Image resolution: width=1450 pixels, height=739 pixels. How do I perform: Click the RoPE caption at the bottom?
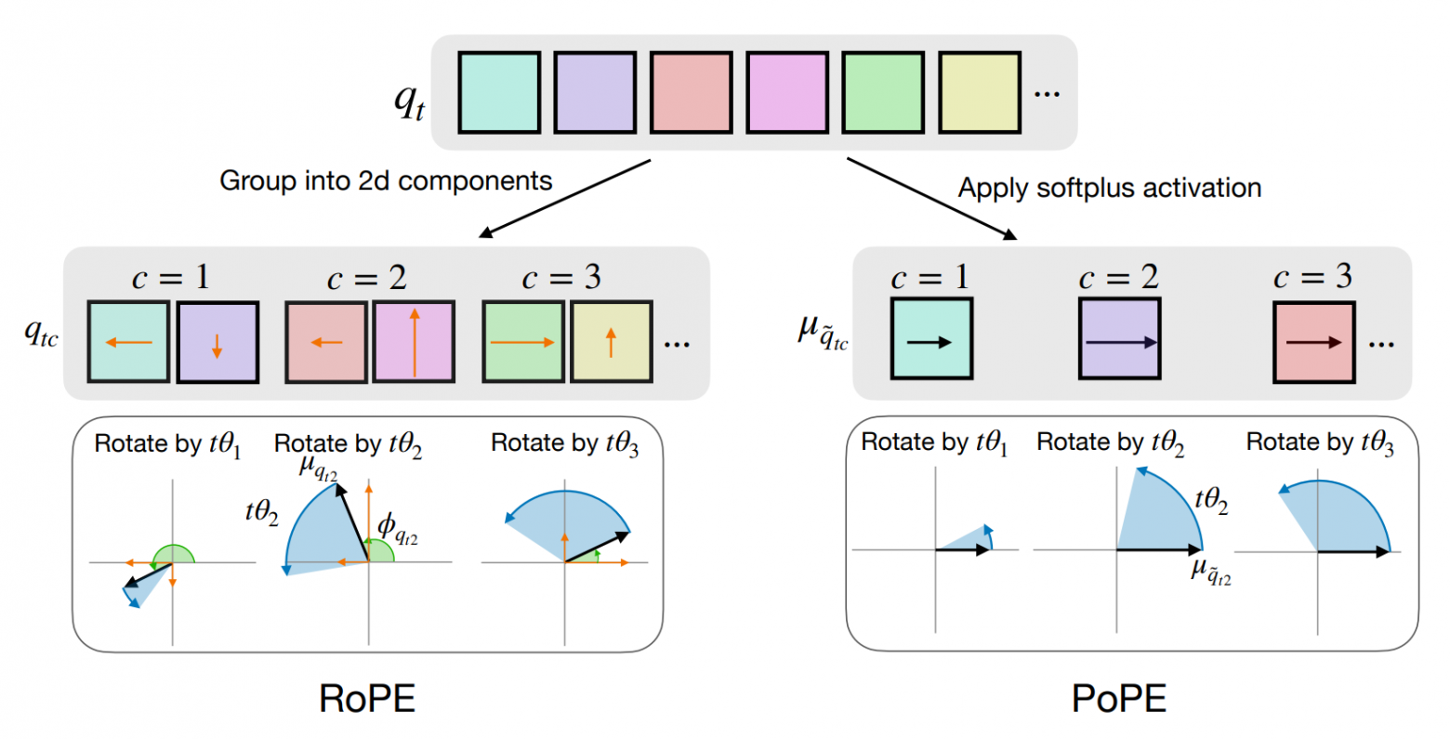point(367,698)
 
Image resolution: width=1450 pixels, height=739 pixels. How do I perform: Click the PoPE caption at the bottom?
point(1119,698)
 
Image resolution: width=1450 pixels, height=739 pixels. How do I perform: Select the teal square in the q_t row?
point(499,93)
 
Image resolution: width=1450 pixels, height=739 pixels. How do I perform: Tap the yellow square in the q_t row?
point(979,93)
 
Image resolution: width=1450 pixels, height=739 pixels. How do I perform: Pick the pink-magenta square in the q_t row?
point(786,93)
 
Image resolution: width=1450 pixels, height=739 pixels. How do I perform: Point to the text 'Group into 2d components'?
point(386,180)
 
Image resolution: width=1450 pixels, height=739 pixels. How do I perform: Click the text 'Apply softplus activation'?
point(1110,188)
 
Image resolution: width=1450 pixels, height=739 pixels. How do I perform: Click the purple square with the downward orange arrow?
point(217,342)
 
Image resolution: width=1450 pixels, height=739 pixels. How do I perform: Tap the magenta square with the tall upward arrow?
point(414,341)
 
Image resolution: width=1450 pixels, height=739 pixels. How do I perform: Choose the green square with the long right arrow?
point(522,341)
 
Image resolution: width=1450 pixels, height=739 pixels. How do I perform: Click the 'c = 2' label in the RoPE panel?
point(367,278)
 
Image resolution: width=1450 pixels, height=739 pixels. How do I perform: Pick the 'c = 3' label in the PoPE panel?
point(1312,277)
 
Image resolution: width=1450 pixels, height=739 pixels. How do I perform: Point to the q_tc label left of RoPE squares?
point(41,333)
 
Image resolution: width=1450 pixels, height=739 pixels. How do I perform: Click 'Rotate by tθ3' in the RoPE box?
point(565,444)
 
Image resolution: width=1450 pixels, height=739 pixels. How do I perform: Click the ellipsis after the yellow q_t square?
point(1047,93)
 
